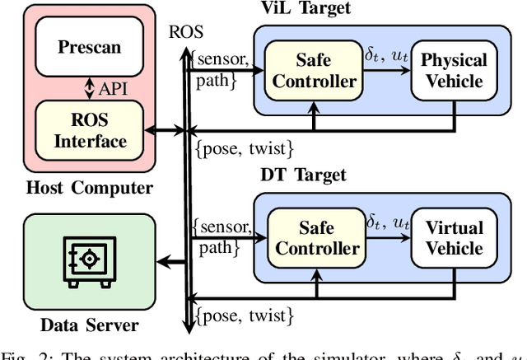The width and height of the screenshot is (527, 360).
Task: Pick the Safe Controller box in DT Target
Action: point(314,238)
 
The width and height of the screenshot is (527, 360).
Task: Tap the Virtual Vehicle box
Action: point(454,238)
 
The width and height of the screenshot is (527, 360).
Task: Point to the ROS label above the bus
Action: point(182,33)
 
